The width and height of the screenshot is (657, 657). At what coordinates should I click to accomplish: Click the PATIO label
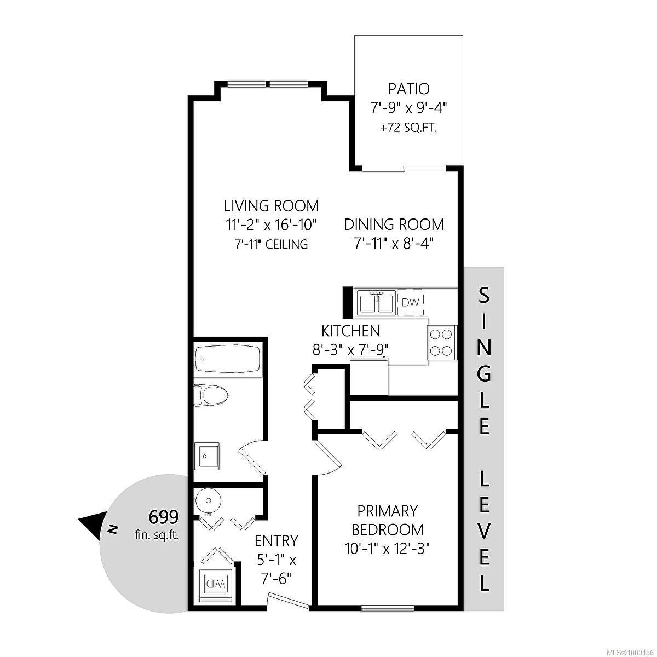(x=408, y=89)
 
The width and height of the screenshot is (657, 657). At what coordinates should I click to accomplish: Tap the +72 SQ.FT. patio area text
(x=408, y=129)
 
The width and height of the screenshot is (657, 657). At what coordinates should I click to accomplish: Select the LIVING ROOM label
(x=271, y=206)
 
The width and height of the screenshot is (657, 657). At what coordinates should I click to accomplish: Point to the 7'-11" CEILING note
(x=271, y=244)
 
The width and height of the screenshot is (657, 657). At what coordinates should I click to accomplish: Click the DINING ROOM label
(x=394, y=224)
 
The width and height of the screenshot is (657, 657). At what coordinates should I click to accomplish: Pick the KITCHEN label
(x=350, y=331)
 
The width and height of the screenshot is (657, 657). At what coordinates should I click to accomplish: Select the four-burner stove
(x=442, y=343)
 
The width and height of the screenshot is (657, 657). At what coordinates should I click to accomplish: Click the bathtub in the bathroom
(x=227, y=359)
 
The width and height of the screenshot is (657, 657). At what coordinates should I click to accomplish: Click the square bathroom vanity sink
(x=207, y=457)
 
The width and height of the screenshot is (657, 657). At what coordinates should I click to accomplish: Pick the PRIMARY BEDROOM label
(x=387, y=520)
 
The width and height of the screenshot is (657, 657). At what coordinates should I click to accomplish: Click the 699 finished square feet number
(x=163, y=517)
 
